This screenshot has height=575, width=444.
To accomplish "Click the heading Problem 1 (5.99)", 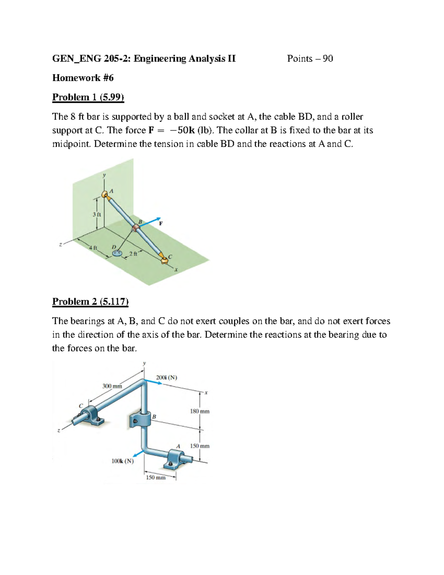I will click(88, 97).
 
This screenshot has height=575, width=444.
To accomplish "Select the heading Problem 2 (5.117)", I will click(90, 302).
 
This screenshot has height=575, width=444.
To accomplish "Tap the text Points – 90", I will click(310, 58).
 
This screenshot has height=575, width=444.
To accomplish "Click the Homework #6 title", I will click(83, 78).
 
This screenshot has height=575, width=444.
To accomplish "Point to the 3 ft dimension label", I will click(97, 214).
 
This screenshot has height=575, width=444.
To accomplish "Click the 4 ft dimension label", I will click(92, 248).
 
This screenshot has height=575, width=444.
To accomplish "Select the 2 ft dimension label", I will click(133, 254).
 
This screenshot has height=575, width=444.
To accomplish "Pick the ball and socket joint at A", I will click(105, 194).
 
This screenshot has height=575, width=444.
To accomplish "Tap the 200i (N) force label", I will click(166, 378).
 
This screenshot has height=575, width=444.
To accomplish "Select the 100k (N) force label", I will click(122, 461).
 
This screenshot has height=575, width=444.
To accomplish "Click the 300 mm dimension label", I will click(112, 386).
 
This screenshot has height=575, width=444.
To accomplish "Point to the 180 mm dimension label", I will click(199, 411).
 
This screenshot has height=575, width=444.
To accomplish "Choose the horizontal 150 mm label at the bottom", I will click(156, 478).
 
